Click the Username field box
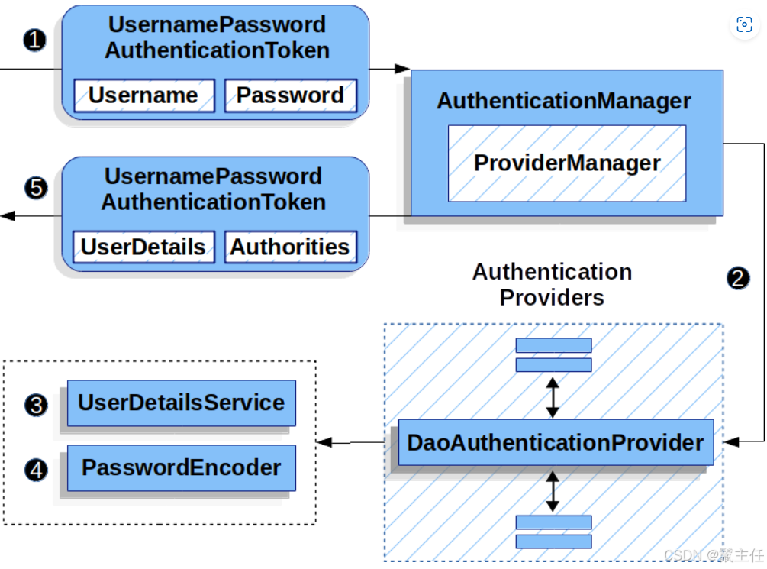click(143, 95)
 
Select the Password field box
click(290, 95)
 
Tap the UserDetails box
click(143, 247)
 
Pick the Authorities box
click(290, 247)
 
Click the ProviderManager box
click(566, 163)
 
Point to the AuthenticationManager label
click(564, 101)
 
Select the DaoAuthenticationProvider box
click(556, 442)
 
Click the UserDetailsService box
click(181, 403)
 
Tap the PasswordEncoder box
click(181, 467)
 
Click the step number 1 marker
click(35, 40)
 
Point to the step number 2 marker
click(738, 278)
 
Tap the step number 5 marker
click(35, 188)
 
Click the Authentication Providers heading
click(552, 283)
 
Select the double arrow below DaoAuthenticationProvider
click(553, 490)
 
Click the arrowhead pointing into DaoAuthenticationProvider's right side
click(730, 441)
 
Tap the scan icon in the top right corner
click(744, 24)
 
